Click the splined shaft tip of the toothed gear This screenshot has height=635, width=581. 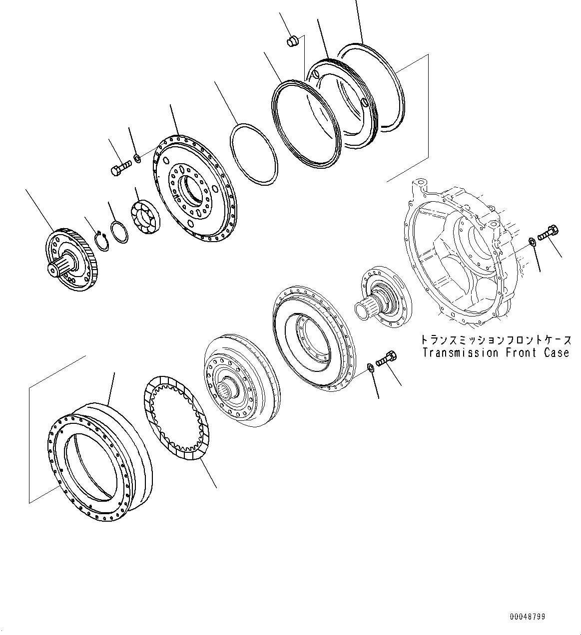[x=54, y=268]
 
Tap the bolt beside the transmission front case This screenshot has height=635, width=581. [x=548, y=232]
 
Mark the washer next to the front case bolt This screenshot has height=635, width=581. [x=532, y=242]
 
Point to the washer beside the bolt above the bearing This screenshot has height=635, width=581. [x=137, y=158]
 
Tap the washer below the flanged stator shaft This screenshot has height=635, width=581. [x=370, y=368]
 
